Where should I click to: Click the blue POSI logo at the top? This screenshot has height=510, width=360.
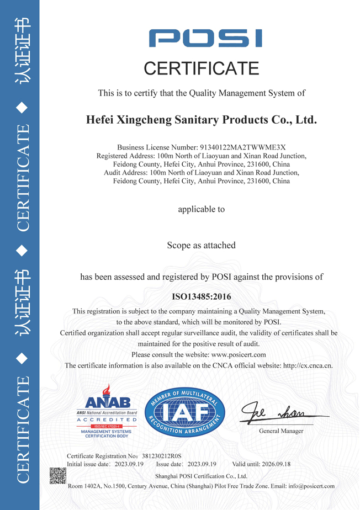coord(205,39)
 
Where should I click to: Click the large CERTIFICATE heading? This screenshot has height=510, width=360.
coord(202,68)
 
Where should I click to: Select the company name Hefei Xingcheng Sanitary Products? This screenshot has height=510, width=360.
coord(202,119)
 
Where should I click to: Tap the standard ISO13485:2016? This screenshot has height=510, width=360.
coord(202,296)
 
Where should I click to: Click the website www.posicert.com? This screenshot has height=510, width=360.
coord(239,354)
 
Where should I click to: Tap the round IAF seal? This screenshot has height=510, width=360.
coord(185,412)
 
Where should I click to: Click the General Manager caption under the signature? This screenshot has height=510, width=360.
coord(281,431)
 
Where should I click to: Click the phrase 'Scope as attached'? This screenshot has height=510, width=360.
coord(202,245)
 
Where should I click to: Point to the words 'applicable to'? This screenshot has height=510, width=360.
coord(202,209)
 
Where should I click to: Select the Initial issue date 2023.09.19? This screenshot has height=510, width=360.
coord(129,465)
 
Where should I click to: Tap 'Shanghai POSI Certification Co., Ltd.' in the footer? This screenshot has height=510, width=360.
coord(201,476)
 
